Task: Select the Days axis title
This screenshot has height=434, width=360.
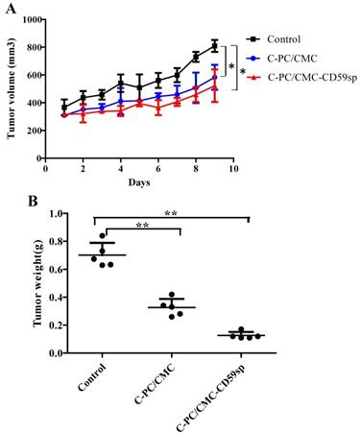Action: (139, 181)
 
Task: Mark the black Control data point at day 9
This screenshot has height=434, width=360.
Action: (214, 46)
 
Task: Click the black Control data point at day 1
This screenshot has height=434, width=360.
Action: (64, 108)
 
